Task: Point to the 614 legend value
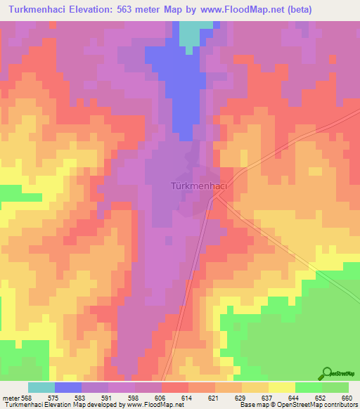pyautogui.click(x=187, y=397)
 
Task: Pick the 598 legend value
pyautogui.click(x=134, y=397)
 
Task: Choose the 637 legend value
pyautogui.click(x=266, y=397)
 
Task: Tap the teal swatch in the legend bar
pyautogui.click(x=41, y=387)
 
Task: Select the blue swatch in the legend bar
pyautogui.click(x=67, y=387)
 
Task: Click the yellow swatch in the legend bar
pyautogui.click(x=281, y=387)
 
